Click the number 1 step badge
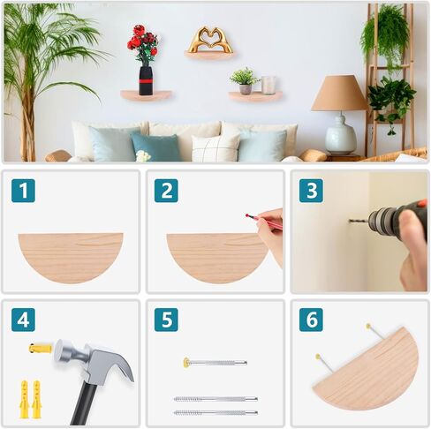pos(23,191)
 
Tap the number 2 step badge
pos(166,191)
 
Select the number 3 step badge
pos(311,191)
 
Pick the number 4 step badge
pos(23,320)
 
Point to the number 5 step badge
pos(166,320)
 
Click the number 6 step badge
pos(311,320)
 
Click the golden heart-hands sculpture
pos(209,39)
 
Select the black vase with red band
pos(146,80)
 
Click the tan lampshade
pos(339,93)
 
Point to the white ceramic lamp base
pos(341,134)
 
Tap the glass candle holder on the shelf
pos(268,85)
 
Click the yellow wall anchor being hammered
pos(40,349)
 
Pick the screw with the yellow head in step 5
pos(215,363)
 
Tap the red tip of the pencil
pos(247,215)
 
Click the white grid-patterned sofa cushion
pos(215,147)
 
